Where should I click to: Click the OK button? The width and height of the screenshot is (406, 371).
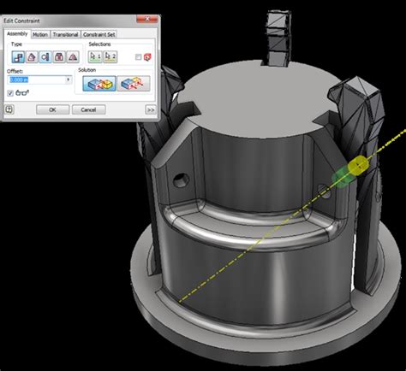[x=52, y=109]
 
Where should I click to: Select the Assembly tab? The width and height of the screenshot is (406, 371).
[x=17, y=34]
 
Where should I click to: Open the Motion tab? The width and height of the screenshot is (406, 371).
[x=40, y=34]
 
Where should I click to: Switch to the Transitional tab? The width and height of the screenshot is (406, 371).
[x=66, y=34]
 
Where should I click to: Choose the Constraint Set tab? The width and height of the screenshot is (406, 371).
[x=99, y=34]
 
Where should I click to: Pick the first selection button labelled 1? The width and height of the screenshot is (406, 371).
[x=96, y=56]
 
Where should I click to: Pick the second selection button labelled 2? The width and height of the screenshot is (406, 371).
[x=110, y=56]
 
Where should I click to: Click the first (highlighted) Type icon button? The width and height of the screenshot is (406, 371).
[x=15, y=56]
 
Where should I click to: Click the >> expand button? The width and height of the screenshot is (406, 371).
[x=150, y=109]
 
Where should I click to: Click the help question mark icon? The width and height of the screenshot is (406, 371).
[x=9, y=109]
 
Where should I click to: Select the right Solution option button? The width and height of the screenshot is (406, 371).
[x=133, y=83]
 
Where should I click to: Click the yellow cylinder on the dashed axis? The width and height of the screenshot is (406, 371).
[x=357, y=163]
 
